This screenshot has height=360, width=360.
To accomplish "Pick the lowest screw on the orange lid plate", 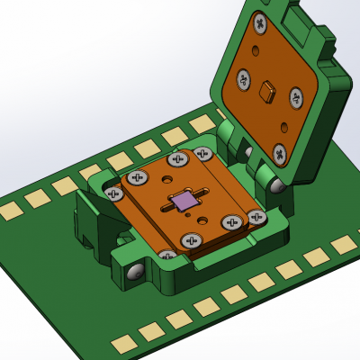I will pos(281,154).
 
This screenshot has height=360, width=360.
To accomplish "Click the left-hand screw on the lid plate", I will pos(243,79).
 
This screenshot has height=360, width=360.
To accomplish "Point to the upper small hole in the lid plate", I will pos(256,52).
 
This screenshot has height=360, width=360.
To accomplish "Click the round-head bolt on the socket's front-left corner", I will pos(133,271).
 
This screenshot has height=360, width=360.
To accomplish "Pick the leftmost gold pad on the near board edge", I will pos(122,344).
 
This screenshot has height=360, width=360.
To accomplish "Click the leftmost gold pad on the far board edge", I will pos(10,211).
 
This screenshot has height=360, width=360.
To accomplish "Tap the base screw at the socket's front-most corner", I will pos(166,258).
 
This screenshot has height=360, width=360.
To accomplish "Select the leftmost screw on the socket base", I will pos(113,193).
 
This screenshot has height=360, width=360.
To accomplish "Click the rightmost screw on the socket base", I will pos(256,217).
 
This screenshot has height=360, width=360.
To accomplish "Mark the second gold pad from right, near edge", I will pos(316,257).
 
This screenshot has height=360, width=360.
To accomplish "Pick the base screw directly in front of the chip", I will pos(191,240).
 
